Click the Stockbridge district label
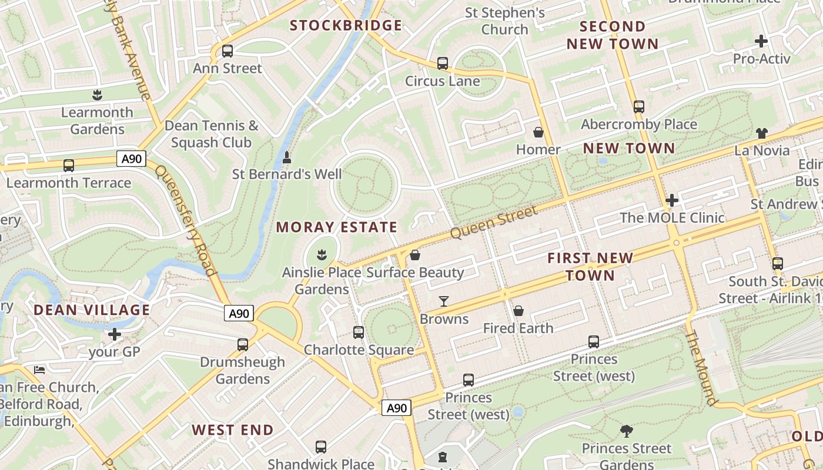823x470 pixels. coord(346,25)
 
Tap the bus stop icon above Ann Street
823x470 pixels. coord(228,51)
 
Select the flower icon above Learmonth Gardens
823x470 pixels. coord(97,95)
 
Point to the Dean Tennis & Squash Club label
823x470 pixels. coord(211,134)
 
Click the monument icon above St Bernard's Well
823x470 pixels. coord(287,157)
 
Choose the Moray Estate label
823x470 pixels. coord(337,227)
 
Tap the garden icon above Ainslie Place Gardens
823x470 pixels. coord(322,255)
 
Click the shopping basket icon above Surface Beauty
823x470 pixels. coord(415,255)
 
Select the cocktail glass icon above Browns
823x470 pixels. coord(444,301)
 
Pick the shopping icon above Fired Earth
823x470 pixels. coord(518,311)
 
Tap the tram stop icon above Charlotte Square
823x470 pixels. coord(359,333)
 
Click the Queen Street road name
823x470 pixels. coord(494,223)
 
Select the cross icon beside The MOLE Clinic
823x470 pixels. coord(672,200)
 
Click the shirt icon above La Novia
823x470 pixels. coord(762,133)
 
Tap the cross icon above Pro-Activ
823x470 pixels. coord(761,41)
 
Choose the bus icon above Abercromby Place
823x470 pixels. coord(639,107)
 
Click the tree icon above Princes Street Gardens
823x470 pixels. coord(627,431)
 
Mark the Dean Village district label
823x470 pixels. coord(92,310)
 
